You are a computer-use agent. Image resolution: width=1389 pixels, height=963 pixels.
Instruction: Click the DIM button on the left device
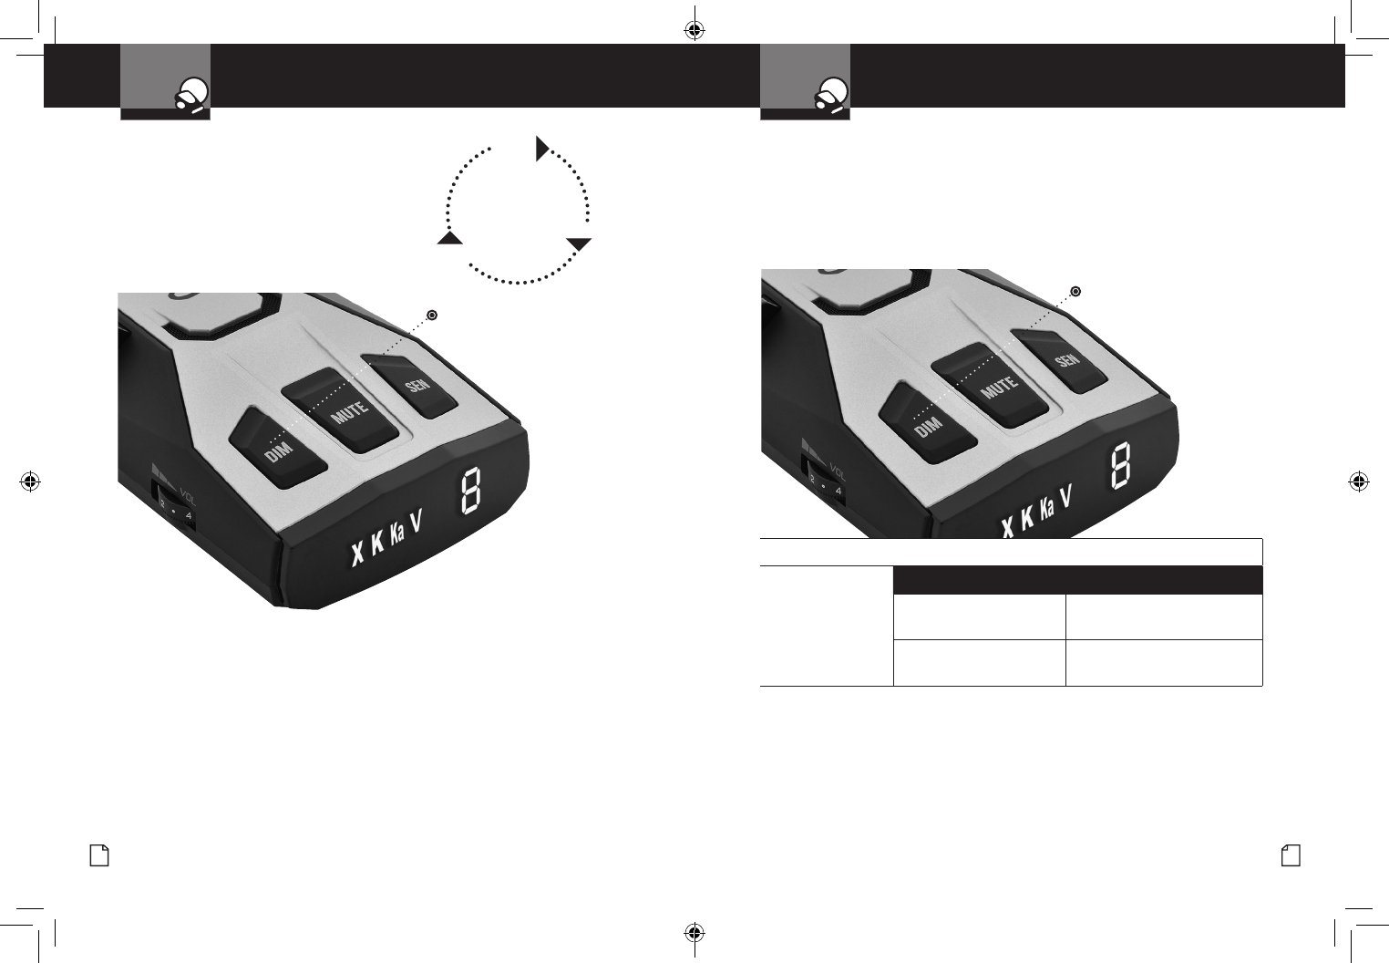pyautogui.click(x=278, y=448)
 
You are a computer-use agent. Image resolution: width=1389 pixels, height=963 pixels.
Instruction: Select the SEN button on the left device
pyautogui.click(x=410, y=387)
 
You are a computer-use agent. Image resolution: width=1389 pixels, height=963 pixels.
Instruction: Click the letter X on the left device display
pyautogui.click(x=357, y=554)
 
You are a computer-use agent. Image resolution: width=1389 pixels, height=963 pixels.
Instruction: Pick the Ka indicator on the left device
pyautogui.click(x=397, y=535)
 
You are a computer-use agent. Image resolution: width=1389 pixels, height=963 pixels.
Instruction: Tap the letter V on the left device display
pyautogui.click(x=417, y=523)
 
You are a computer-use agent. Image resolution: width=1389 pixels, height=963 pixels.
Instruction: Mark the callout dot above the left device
pyautogui.click(x=432, y=316)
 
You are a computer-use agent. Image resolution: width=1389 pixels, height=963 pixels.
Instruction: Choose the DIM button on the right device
pyautogui.click(x=928, y=422)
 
